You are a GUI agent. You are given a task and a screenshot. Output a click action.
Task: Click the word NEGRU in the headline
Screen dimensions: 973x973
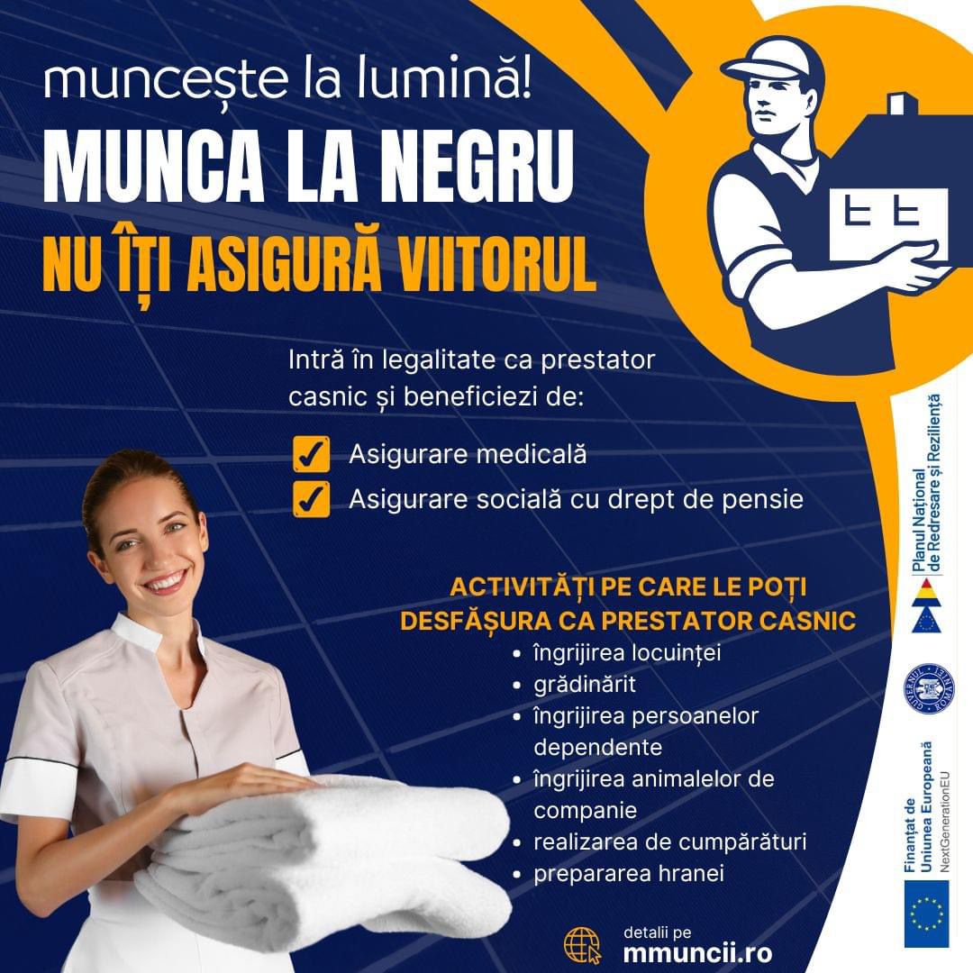point(477,167)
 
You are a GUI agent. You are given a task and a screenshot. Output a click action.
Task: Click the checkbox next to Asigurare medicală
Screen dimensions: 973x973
point(311,453)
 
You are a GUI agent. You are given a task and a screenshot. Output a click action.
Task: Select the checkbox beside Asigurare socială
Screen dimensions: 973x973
point(311,499)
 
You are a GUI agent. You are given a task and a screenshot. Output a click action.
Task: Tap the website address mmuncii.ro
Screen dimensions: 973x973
point(697,953)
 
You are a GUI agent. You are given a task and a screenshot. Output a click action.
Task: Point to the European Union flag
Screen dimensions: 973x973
point(926,914)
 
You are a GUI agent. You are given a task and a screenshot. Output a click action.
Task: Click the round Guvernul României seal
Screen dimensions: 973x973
point(928,689)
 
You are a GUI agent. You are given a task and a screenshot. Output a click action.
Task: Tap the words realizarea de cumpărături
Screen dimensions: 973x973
point(669,842)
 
